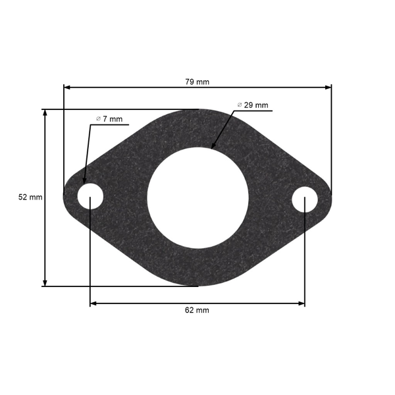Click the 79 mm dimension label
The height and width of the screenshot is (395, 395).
[x=197, y=82]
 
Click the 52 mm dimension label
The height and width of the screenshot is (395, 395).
[x=30, y=197]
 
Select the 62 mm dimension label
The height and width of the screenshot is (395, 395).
[x=197, y=309]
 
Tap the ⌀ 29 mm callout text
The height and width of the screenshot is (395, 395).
[x=253, y=105]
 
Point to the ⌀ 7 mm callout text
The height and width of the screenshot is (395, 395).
[x=109, y=119]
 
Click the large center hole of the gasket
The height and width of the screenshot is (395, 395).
[x=197, y=197]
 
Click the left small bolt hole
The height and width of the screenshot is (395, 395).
[x=90, y=197]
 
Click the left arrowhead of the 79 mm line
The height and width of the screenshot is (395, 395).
[x=66, y=86]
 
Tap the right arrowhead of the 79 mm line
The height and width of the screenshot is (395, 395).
[x=329, y=86]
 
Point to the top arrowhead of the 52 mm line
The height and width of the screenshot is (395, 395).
[x=45, y=113]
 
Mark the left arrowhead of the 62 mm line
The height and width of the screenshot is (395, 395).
[x=93, y=303]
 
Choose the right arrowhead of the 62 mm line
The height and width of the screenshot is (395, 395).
[x=302, y=303]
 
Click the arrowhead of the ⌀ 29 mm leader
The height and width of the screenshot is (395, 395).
[x=213, y=145]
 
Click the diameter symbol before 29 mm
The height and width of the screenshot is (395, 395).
[x=240, y=105]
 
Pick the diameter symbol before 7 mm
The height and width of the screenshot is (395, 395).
[x=98, y=118]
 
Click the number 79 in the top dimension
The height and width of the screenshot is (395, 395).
[x=190, y=82]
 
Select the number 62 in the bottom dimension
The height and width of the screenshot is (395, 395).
[x=190, y=309]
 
